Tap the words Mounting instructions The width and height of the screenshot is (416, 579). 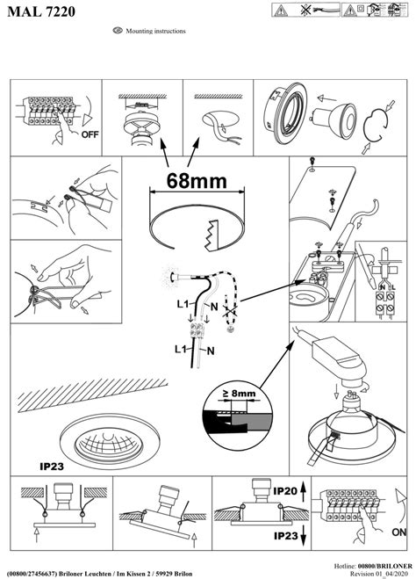tap(155, 31)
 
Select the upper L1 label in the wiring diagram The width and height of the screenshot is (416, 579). tap(181, 303)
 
